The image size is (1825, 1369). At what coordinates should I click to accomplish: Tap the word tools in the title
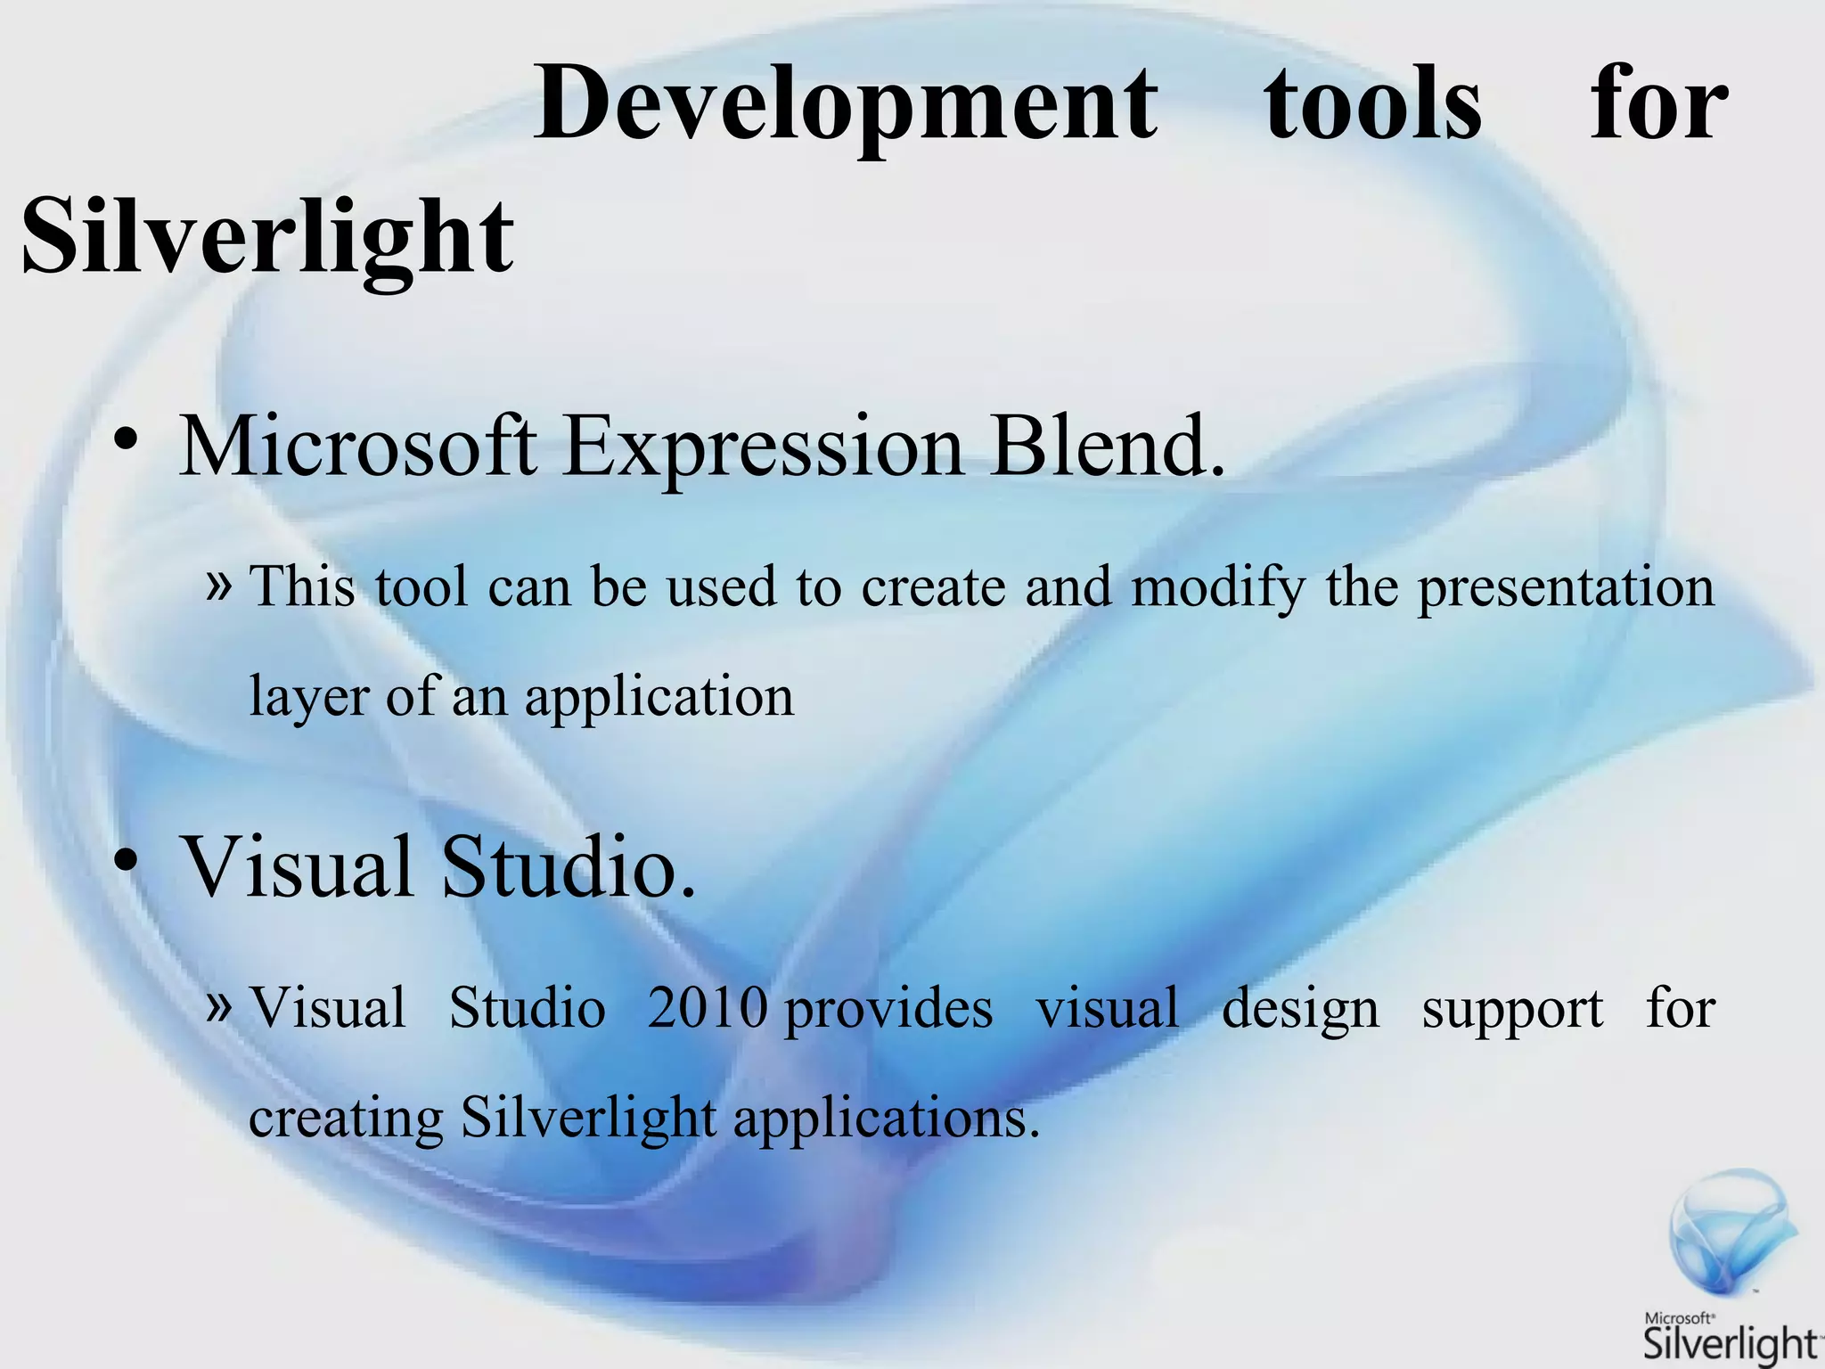(x=1373, y=105)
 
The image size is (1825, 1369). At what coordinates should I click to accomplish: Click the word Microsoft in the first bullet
(x=358, y=446)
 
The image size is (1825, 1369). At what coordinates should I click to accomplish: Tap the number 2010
(x=708, y=1009)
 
